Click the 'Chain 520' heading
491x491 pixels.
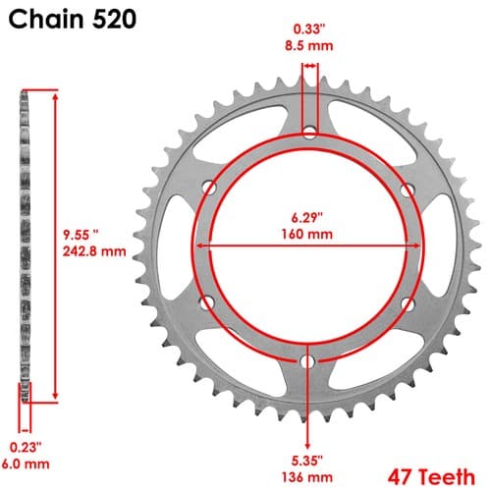pyautogui.click(x=72, y=19)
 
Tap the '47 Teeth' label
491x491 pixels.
pyautogui.click(x=431, y=476)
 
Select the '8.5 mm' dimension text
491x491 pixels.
pyautogui.click(x=308, y=45)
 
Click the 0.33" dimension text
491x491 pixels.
pyautogui.click(x=308, y=29)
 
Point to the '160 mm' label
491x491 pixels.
pyautogui.click(x=307, y=234)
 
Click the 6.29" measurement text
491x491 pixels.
pyautogui.click(x=307, y=217)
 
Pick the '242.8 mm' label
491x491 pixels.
pyautogui.click(x=94, y=251)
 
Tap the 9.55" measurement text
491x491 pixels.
pyautogui.click(x=81, y=235)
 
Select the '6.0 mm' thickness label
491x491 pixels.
pyautogui.click(x=26, y=464)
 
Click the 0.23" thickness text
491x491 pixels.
pyautogui.click(x=26, y=447)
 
